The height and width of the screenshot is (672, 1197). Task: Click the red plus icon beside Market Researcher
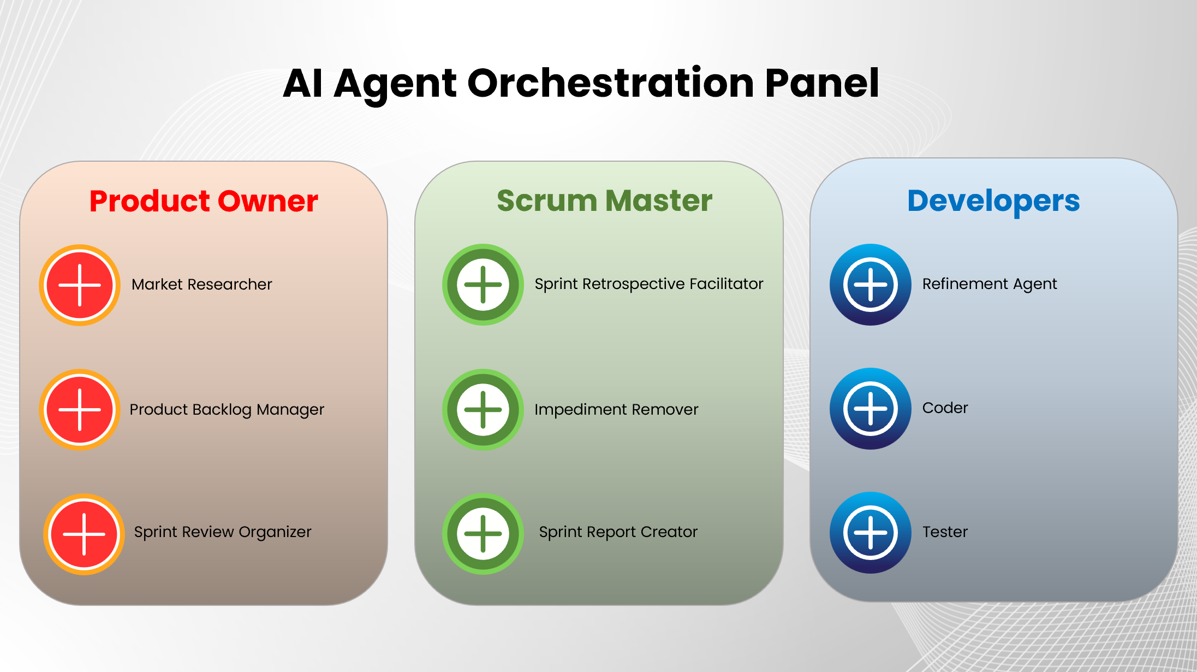(x=80, y=285)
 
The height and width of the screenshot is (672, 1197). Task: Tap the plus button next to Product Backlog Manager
(x=80, y=410)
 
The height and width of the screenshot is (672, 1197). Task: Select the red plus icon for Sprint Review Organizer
(x=84, y=534)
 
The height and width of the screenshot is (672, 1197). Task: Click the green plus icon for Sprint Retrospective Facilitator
(x=483, y=285)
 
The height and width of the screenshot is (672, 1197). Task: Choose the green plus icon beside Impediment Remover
(x=483, y=410)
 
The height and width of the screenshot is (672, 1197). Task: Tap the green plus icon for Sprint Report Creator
(x=483, y=534)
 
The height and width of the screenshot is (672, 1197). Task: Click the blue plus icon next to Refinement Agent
(x=871, y=285)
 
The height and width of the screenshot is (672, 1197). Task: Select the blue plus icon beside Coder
(x=871, y=409)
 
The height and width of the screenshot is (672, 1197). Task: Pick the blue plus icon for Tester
(x=871, y=533)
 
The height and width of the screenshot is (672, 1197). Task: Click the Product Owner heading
(x=204, y=201)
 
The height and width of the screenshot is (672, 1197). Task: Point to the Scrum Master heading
(x=604, y=201)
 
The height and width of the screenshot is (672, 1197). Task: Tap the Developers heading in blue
(x=993, y=201)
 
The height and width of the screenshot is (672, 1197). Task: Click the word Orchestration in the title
(x=611, y=84)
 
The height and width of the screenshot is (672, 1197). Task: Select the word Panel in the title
(x=821, y=84)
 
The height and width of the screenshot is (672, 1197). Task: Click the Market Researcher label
(x=201, y=285)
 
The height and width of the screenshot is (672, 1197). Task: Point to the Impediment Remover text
(x=616, y=410)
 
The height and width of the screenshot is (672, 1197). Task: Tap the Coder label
(x=945, y=408)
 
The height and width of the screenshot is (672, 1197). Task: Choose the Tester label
(x=945, y=532)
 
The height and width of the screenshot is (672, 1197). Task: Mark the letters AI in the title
(x=303, y=84)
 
